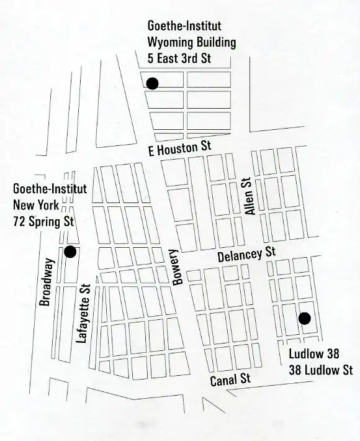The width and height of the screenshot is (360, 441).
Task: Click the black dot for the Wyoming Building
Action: pos(152,83)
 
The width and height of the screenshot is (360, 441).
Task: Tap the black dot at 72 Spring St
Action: pos(70,252)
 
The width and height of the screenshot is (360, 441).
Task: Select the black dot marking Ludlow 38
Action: pos(304,319)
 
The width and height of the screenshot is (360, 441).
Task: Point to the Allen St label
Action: pos(250,197)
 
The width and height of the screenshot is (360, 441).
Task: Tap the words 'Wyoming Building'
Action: pos(191,43)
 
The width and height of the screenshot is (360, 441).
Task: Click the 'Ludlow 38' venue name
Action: pos(315,356)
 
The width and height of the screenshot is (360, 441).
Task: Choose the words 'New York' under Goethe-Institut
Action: pos(36,205)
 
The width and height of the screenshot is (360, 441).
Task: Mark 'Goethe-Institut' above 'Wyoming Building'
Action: pos(184,26)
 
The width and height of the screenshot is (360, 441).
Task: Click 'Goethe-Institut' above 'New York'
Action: pos(50,189)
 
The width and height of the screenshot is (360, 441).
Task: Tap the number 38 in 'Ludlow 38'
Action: pos(333,356)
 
